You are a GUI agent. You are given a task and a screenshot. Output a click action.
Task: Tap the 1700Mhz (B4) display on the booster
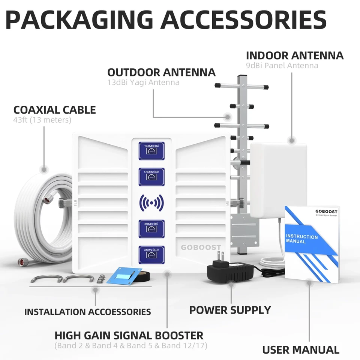pos(151,177)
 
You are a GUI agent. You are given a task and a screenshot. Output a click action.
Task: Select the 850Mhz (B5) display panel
pos(151,229)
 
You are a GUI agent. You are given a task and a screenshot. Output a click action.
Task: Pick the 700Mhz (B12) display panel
pos(151,255)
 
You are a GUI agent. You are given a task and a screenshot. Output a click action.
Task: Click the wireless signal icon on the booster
pos(151,203)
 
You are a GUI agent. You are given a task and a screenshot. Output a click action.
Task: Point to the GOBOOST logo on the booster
pos(201,247)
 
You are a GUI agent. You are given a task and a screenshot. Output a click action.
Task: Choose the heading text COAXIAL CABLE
pos(55,110)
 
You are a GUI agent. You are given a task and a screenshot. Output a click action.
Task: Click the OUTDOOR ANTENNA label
pos(161,72)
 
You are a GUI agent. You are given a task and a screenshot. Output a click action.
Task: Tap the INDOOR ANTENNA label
pos(294,55)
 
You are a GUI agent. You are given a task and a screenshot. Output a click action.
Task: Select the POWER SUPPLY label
pos(230,310)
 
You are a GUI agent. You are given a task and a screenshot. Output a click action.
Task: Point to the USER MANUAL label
pos(300,350)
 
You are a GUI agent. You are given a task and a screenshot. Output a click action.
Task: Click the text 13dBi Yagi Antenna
pos(143,82)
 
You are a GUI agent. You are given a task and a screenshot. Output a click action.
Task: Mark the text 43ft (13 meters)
pos(42,120)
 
